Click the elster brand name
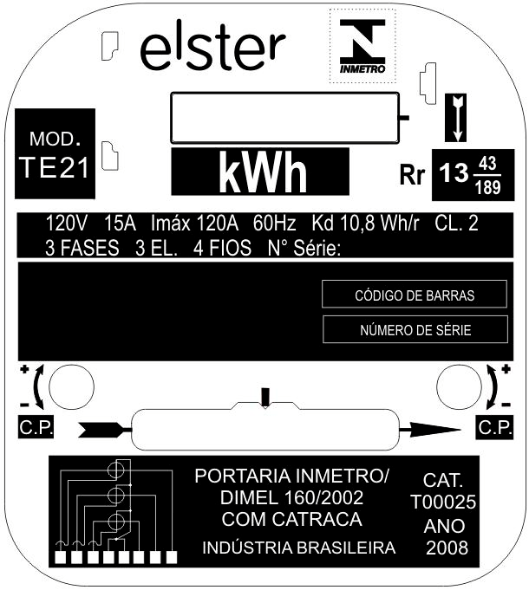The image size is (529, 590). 213,46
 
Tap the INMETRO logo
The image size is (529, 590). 362,46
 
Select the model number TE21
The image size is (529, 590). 55,167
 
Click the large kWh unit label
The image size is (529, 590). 263,172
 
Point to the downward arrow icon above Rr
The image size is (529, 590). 456,118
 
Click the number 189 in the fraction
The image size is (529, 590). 488,187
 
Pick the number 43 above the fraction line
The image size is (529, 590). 487,164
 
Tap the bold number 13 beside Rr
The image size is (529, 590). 454,173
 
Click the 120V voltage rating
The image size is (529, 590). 66,224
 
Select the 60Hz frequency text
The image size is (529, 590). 275,224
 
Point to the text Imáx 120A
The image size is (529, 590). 194,224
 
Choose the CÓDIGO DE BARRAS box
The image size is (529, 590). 415,294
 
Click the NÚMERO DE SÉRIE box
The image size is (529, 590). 415,329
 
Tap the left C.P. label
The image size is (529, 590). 36,427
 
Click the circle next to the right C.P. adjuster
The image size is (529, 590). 459,386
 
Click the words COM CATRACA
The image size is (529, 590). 291,519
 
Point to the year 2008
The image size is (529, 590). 447,548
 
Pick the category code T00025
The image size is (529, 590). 443,502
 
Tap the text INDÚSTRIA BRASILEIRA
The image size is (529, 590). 299,548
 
